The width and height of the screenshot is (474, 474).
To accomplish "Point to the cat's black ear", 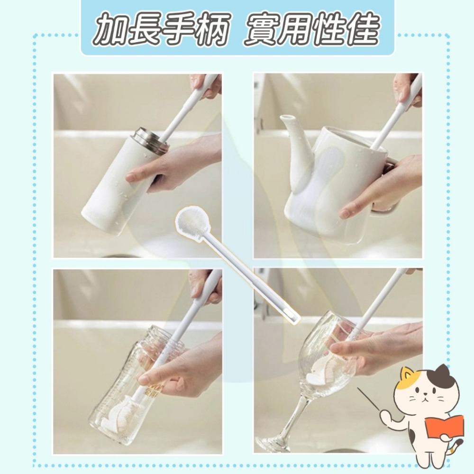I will (443, 374).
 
